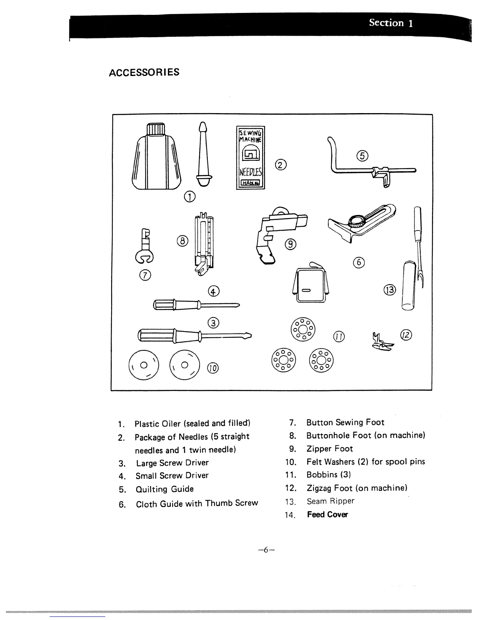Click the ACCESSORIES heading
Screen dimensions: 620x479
tap(144, 72)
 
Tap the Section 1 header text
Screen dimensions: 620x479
tap(391, 23)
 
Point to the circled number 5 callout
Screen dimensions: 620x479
tap(362, 155)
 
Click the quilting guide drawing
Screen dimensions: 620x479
tap(368, 168)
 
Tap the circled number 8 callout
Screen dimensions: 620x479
tap(183, 241)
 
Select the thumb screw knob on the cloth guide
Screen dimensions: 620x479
tap(356, 221)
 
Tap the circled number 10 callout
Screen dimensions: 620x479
tap(213, 368)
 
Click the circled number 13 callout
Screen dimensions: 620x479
tap(390, 290)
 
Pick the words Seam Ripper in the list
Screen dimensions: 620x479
tap(330, 501)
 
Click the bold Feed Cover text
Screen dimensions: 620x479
tap(327, 515)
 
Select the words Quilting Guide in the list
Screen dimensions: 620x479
tap(164, 489)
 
